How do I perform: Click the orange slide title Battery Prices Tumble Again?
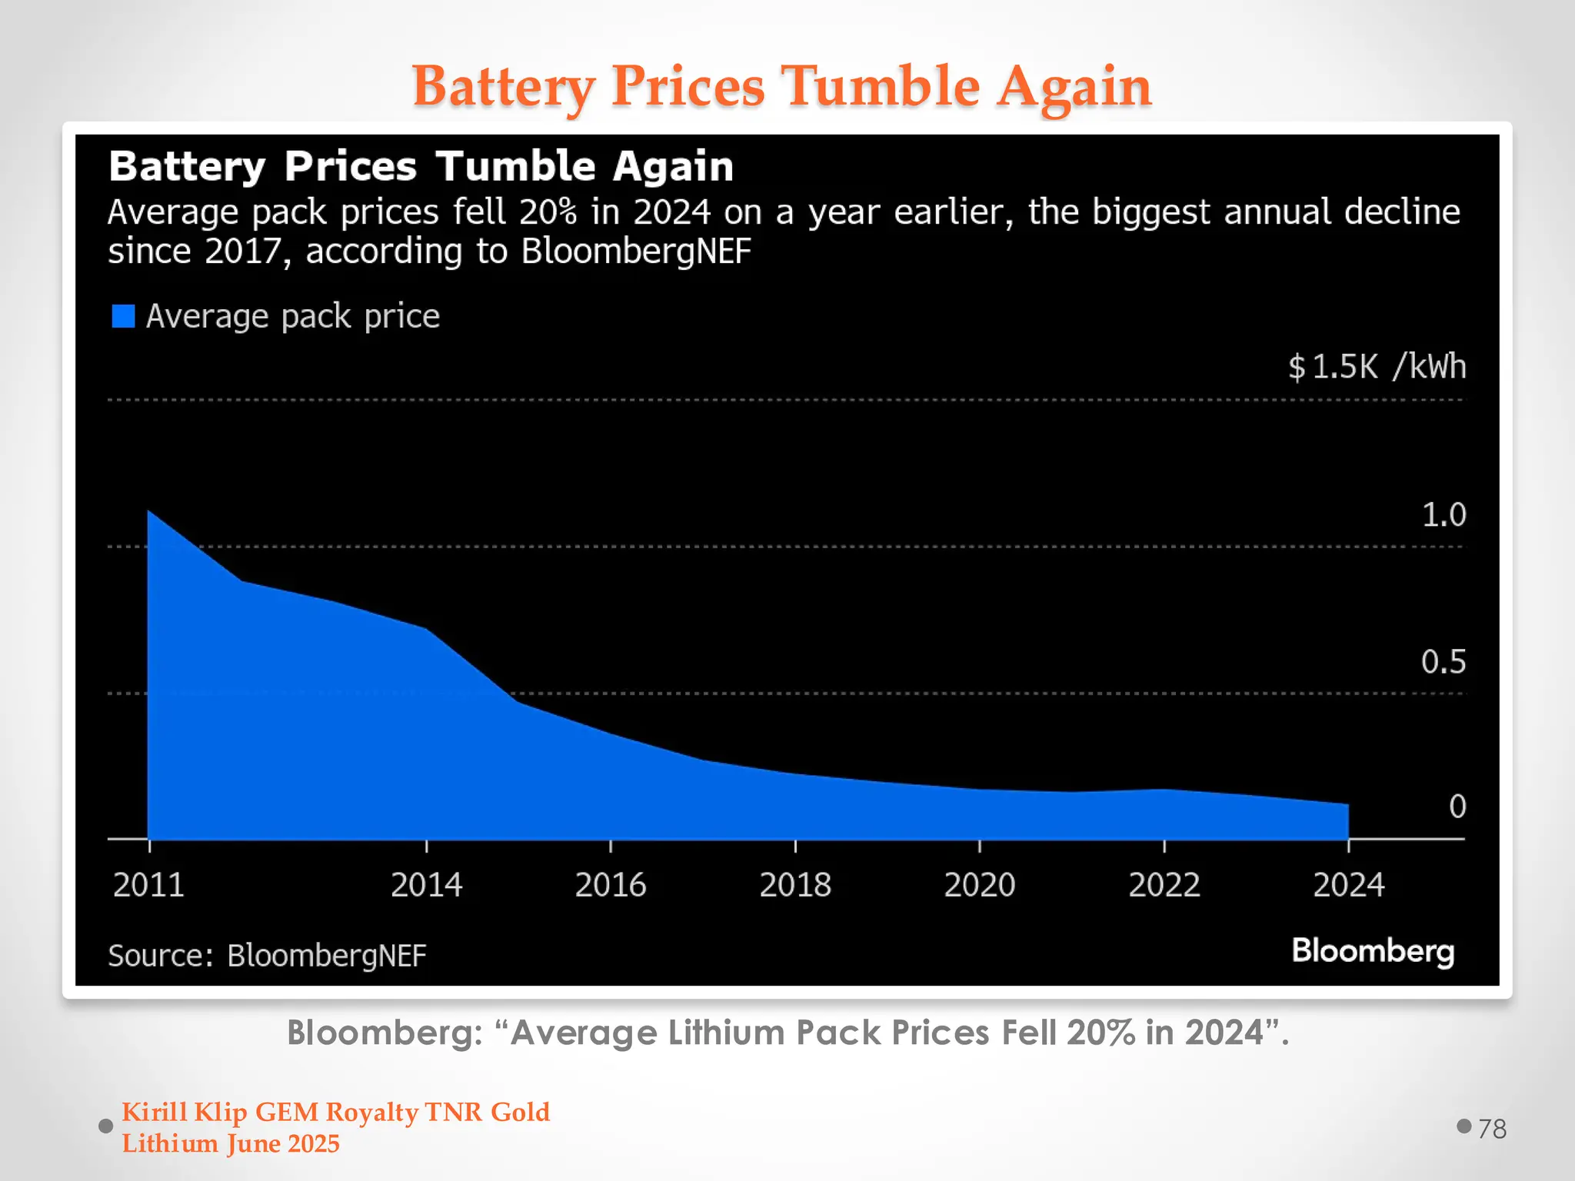click(x=781, y=86)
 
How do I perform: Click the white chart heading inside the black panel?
click(x=421, y=166)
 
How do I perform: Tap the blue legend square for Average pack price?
click(x=123, y=316)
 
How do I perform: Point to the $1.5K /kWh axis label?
click(x=1377, y=367)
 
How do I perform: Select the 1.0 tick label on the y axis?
click(x=1443, y=514)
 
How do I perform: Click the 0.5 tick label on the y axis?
click(x=1443, y=662)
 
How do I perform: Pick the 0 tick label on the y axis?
click(x=1457, y=807)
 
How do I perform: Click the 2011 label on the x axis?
click(x=148, y=885)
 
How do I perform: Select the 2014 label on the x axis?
click(x=426, y=885)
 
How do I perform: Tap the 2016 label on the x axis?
click(x=611, y=885)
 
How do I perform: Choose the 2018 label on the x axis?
click(x=795, y=885)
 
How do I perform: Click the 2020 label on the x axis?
click(x=980, y=885)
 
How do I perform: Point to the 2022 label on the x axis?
click(x=1164, y=885)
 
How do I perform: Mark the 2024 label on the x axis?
click(x=1348, y=885)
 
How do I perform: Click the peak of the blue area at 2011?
click(x=149, y=511)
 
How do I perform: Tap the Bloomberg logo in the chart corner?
click(x=1373, y=951)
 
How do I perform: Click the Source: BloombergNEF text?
click(x=267, y=956)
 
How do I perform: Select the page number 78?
click(x=1492, y=1129)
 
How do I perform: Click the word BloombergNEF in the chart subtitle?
click(x=636, y=251)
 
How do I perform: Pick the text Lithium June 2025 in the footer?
click(x=231, y=1144)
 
